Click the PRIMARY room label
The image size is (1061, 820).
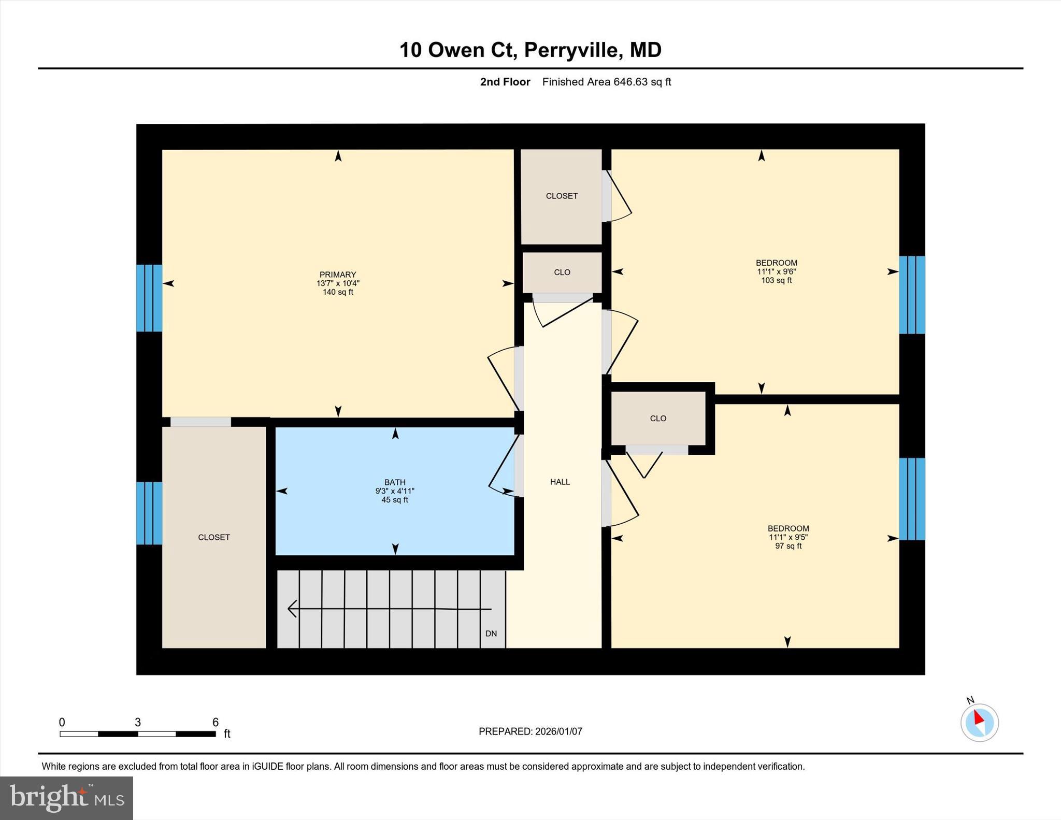point(338,275)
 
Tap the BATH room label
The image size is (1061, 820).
point(395,482)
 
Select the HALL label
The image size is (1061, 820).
point(560,482)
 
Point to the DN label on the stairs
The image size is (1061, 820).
point(491,634)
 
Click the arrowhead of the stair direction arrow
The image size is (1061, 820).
point(292,609)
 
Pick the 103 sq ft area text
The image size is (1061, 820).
point(776,280)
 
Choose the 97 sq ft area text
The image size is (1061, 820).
point(788,546)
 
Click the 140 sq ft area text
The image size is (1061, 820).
point(338,292)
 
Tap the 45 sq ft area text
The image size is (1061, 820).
point(395,500)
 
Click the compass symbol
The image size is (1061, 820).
point(979,722)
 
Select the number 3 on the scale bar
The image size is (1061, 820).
point(138,722)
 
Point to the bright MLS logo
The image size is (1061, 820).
point(67,798)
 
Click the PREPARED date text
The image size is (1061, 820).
point(530,731)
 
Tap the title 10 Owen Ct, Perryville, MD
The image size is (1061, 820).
point(530,50)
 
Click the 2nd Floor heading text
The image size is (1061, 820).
point(505,82)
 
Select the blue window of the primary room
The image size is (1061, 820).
point(149,298)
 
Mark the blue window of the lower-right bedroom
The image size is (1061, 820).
point(912,499)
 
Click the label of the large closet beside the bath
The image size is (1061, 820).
point(214,537)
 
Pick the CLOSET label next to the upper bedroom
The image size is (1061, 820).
point(562,196)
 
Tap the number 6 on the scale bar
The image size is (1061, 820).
point(216,722)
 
